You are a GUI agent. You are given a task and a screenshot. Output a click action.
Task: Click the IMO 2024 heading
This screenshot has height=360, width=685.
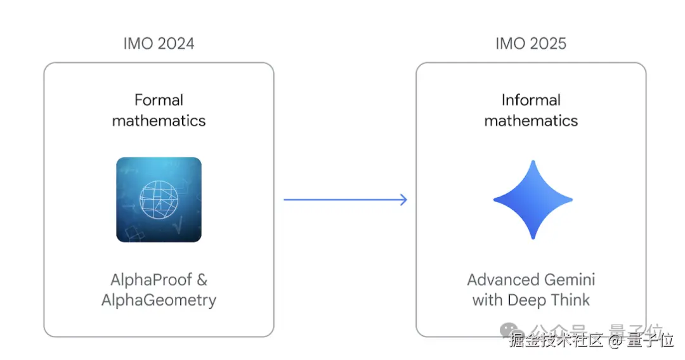click(159, 44)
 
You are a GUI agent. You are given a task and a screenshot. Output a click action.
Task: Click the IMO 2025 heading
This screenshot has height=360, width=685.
click(531, 44)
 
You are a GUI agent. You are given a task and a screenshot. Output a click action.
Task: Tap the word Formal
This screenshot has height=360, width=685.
click(159, 100)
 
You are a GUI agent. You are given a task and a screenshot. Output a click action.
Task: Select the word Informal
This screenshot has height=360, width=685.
click(531, 100)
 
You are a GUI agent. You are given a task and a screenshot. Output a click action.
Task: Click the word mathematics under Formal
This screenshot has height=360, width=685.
click(159, 120)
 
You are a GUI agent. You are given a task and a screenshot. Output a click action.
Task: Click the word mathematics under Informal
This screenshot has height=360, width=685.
click(531, 120)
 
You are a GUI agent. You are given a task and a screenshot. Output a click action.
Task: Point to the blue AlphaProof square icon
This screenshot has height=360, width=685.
click(159, 200)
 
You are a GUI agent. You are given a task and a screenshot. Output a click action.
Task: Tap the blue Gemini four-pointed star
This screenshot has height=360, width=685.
click(533, 200)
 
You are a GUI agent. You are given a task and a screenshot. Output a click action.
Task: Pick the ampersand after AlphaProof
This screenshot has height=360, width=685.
click(200, 280)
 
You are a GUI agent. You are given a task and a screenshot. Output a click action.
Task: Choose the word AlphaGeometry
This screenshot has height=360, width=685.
click(159, 300)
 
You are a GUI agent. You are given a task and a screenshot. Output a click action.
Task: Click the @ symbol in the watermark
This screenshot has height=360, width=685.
click(615, 341)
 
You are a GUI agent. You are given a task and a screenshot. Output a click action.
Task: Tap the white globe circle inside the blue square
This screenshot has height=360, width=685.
click(159, 200)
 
